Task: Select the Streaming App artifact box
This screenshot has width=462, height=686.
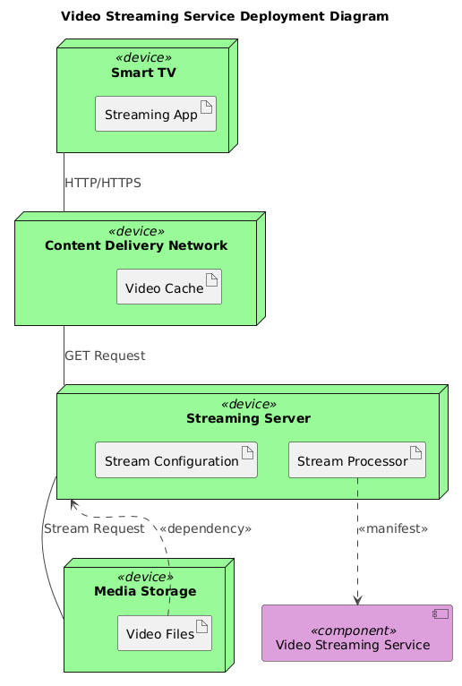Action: [156, 115]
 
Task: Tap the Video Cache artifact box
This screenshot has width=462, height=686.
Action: [168, 287]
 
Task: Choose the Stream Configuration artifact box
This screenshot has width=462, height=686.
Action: [176, 459]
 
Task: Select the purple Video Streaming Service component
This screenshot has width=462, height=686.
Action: [357, 633]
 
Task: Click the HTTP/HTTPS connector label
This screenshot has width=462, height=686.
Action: [102, 183]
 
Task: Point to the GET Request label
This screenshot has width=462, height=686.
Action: [105, 356]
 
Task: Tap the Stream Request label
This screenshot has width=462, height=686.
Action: [93, 528]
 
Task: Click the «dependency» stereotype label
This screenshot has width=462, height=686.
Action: [205, 528]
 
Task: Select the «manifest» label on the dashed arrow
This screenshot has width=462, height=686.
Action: [392, 528]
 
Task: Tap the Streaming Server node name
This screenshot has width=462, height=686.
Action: [248, 418]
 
